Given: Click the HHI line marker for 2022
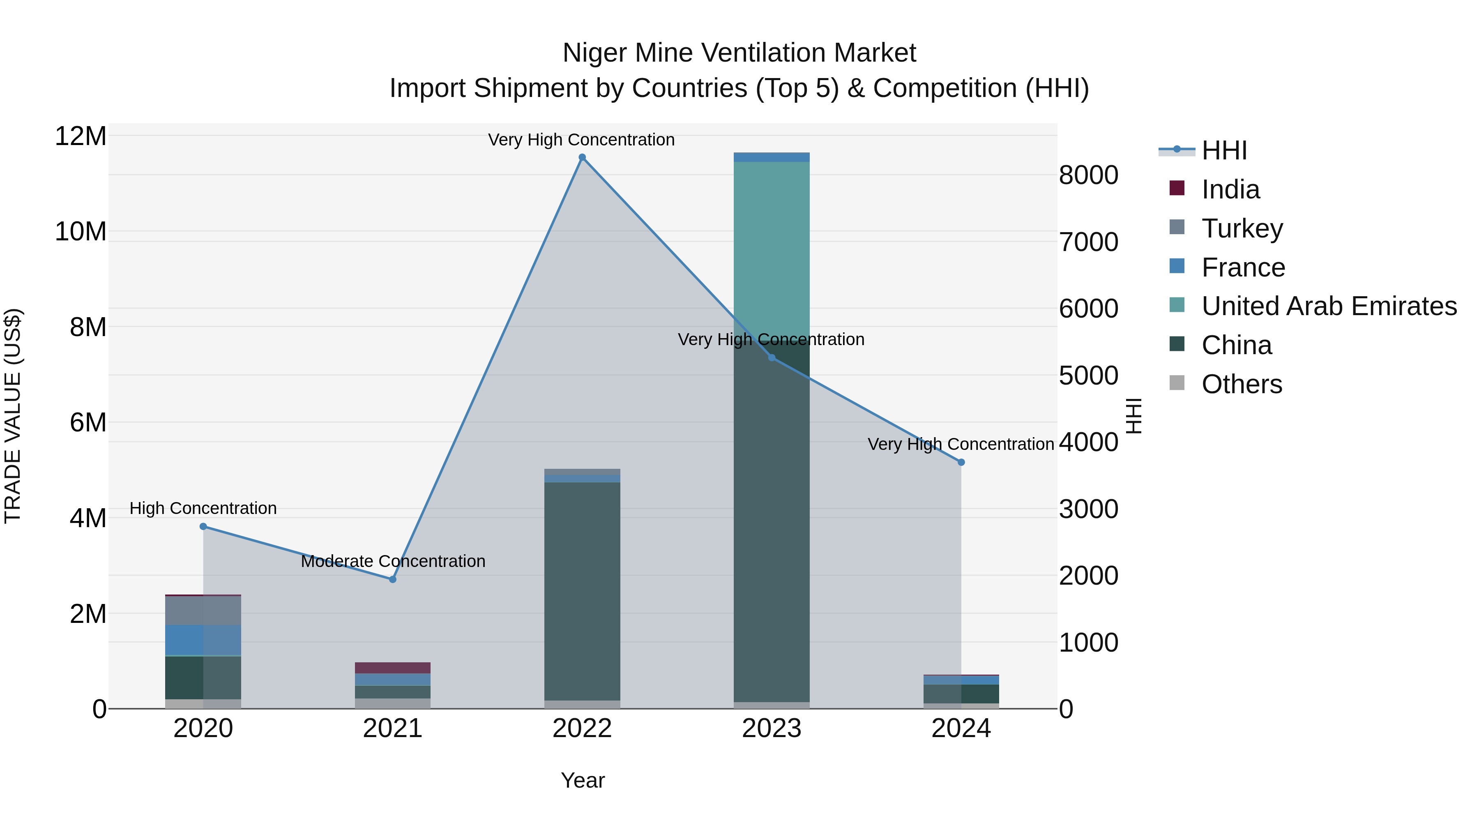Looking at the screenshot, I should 582,157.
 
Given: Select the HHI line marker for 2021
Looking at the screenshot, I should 393,579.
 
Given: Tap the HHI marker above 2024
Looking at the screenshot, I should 961,462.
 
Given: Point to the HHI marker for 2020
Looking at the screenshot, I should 203,527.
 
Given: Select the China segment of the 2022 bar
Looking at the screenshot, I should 582,591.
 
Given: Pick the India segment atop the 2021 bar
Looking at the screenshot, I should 393,668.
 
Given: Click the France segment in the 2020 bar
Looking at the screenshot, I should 203,640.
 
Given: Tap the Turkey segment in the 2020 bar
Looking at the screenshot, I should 203,611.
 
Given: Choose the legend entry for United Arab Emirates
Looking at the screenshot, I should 1329,306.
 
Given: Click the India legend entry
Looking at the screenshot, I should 1230,189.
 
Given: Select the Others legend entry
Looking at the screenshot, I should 1241,384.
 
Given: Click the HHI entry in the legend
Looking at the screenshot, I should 1223,150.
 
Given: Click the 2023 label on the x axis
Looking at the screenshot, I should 772,728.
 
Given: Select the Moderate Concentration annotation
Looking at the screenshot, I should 393,561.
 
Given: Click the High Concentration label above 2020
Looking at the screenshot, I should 203,508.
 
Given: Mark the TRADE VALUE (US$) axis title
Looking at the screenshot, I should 13,416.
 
